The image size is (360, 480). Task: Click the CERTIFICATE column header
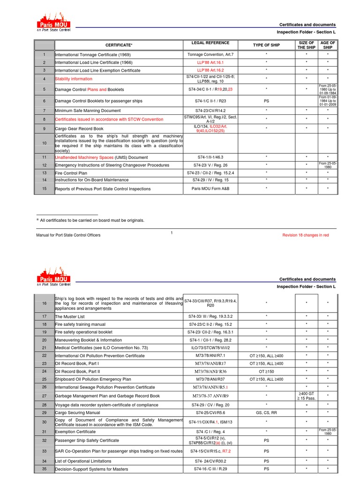tap(119, 45)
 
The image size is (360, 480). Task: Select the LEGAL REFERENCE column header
tap(210, 43)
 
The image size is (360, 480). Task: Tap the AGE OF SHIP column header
tap(328, 45)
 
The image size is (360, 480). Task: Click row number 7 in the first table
tap(44, 111)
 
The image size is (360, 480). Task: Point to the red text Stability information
tap(74, 79)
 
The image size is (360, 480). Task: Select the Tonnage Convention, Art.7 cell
tap(210, 54)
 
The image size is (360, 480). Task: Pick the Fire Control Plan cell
tap(71, 173)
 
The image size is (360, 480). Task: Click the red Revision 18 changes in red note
tap(305, 235)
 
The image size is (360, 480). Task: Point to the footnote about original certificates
tap(92, 220)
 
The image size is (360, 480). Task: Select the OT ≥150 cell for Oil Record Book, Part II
tap(266, 371)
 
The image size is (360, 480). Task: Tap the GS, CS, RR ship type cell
tap(266, 412)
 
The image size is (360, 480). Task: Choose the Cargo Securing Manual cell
tap(77, 412)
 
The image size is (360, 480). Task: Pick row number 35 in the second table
tap(44, 469)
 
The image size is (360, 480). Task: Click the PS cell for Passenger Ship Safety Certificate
tap(266, 441)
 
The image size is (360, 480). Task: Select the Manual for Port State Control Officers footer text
tap(68, 235)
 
